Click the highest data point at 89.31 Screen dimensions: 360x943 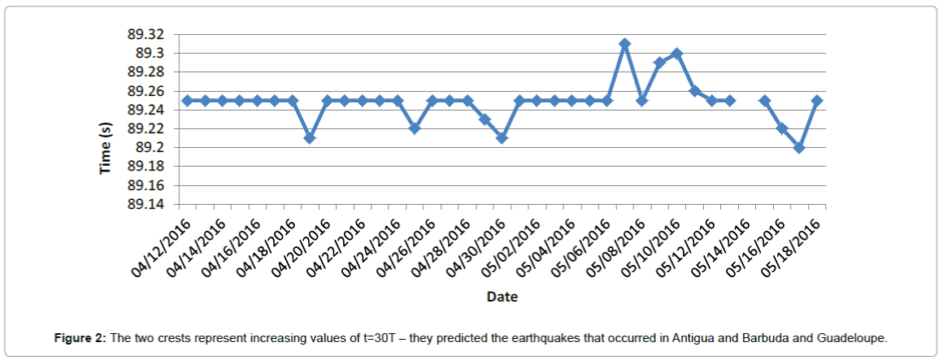pos(624,44)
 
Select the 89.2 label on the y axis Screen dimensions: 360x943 pos(150,148)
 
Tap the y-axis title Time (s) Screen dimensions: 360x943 pos(106,147)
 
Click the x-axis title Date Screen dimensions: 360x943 pos(502,297)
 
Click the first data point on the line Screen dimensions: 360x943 pos(187,101)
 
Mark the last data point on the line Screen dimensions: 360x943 pos(817,101)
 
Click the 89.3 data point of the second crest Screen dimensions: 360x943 pos(676,54)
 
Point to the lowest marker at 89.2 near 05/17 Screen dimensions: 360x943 pos(799,148)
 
